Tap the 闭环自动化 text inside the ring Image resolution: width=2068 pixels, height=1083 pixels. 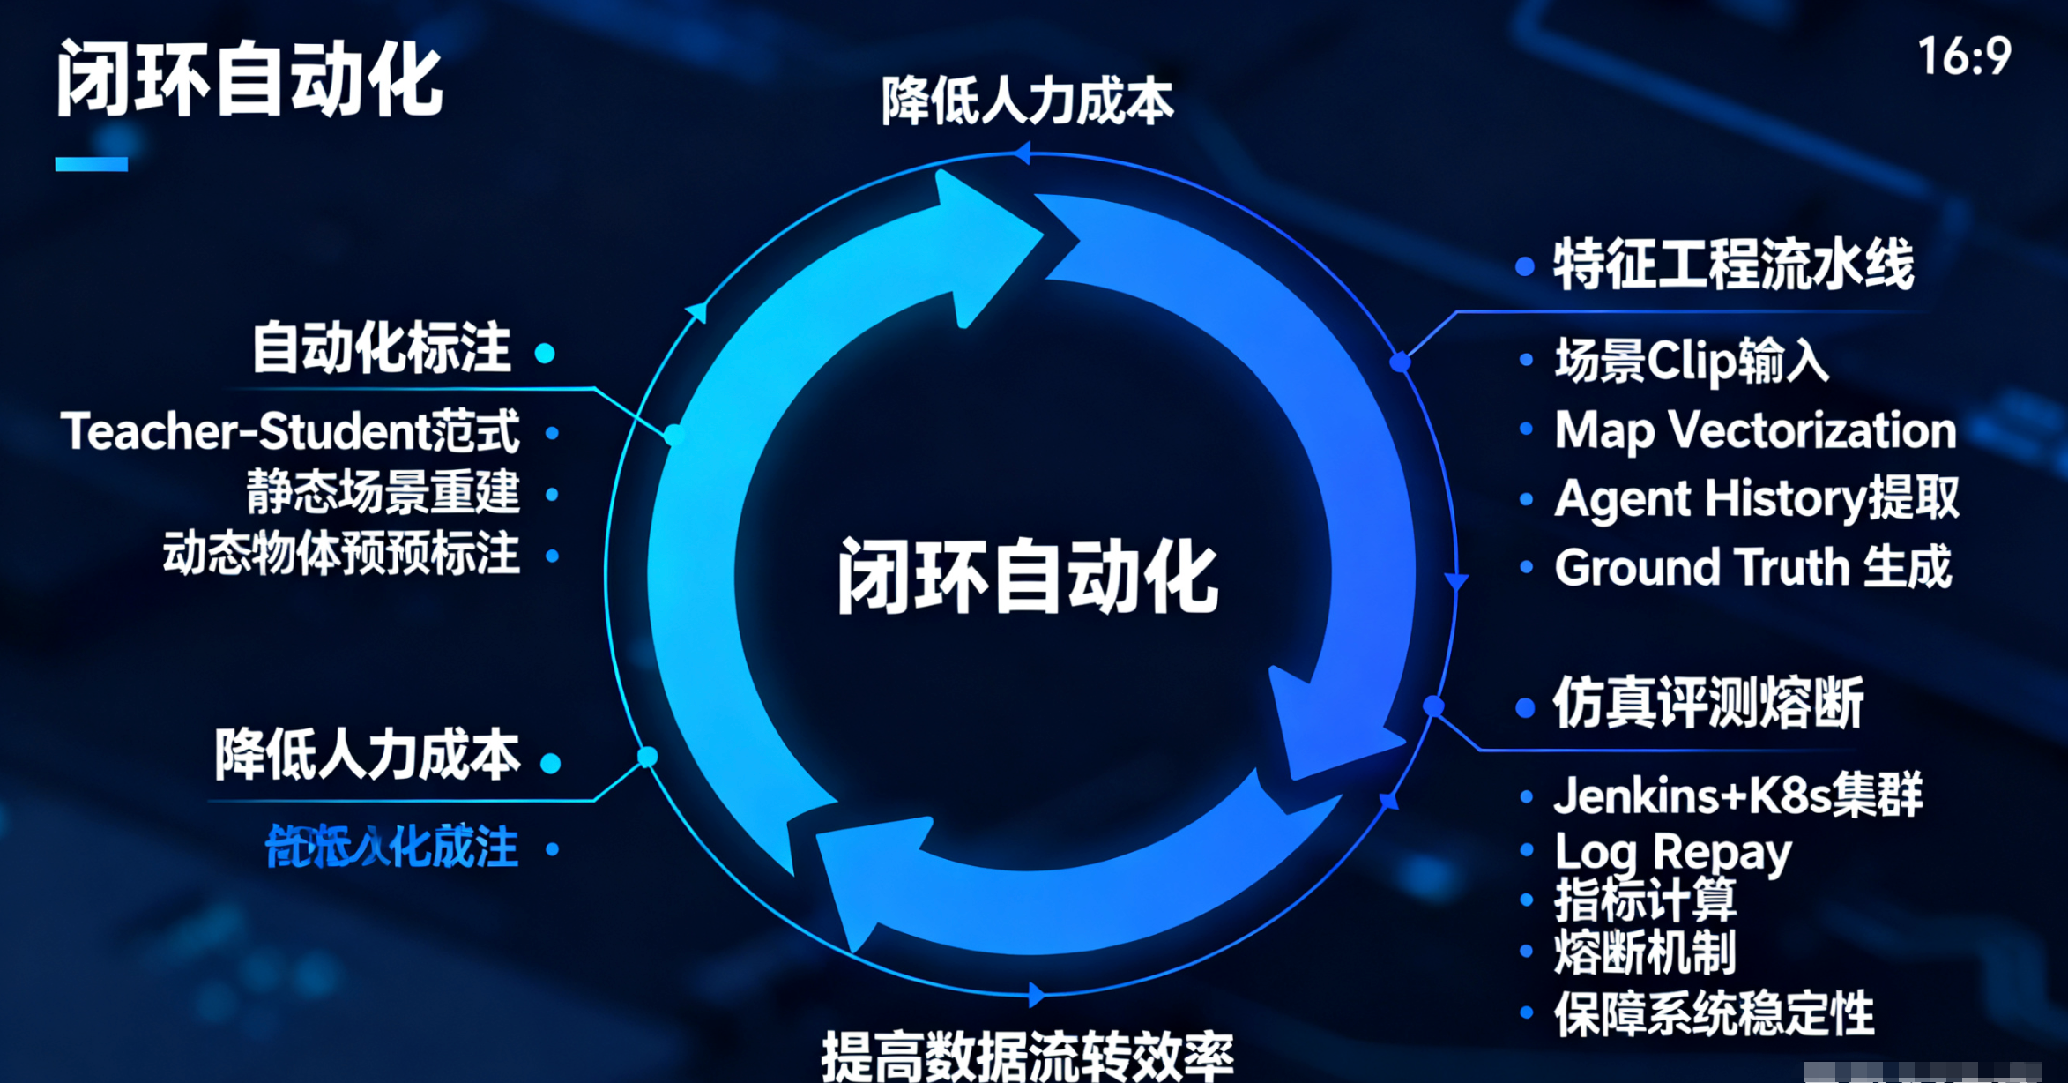[x=1028, y=577]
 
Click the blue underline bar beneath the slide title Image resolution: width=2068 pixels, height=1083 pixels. [x=91, y=164]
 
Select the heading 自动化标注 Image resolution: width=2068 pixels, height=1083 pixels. [x=381, y=347]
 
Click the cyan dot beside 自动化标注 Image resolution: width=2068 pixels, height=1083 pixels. [x=545, y=354]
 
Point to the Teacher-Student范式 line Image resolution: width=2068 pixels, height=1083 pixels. [x=290, y=431]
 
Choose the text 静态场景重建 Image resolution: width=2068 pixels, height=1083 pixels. [x=383, y=492]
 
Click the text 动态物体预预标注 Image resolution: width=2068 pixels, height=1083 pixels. [x=341, y=554]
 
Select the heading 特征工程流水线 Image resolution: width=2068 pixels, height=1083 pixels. [x=1733, y=264]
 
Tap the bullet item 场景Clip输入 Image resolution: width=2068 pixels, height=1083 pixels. [x=1691, y=361]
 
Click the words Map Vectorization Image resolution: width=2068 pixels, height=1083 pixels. [x=1754, y=430]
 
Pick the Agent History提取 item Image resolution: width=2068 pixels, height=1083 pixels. [x=1756, y=498]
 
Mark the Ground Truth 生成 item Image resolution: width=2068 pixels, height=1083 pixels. [x=1752, y=566]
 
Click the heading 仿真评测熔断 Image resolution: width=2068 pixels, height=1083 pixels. [x=1707, y=703]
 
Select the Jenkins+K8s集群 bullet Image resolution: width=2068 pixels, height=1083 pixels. [x=1737, y=795]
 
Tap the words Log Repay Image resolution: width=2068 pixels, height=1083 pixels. [x=1672, y=852]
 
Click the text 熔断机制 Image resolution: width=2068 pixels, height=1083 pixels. [x=1645, y=952]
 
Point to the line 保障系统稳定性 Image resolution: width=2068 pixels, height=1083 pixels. [x=1714, y=1013]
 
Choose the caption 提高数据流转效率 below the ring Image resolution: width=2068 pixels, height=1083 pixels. [x=1027, y=1056]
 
